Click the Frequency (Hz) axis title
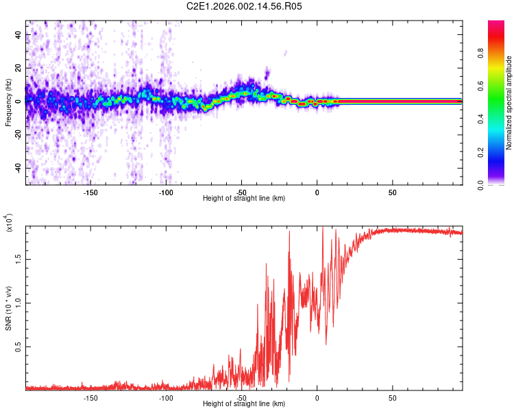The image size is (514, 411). click(x=8, y=102)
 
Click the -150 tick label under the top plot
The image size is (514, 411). click(x=90, y=192)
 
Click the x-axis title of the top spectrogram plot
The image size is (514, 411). click(x=244, y=198)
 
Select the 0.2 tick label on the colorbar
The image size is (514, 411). click(x=501, y=152)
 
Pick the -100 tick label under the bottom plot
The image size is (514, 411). click(x=166, y=398)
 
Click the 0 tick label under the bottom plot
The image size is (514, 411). click(x=317, y=398)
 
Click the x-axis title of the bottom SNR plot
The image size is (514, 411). click(x=244, y=403)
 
